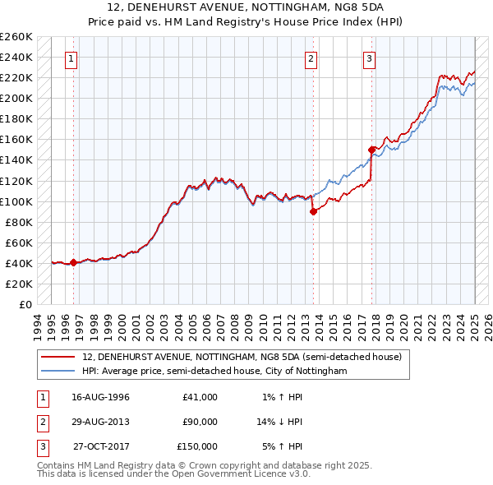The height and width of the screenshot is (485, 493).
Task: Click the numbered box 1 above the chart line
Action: (x=72, y=58)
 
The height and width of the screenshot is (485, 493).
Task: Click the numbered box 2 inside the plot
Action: (x=311, y=58)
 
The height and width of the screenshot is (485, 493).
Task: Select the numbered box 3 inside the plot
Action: (x=370, y=58)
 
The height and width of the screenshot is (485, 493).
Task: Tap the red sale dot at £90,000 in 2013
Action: (x=313, y=211)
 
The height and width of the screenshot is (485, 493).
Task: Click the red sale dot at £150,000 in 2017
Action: (x=371, y=150)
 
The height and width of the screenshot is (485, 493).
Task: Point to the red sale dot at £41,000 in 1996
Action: (x=73, y=262)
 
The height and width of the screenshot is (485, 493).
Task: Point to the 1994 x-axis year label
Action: (x=37, y=322)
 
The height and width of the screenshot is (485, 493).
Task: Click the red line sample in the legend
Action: (x=58, y=357)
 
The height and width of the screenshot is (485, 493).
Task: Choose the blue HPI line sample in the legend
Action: (x=58, y=371)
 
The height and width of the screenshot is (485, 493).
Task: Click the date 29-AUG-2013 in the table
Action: (x=101, y=422)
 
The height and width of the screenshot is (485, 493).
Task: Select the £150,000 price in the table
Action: (x=197, y=446)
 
